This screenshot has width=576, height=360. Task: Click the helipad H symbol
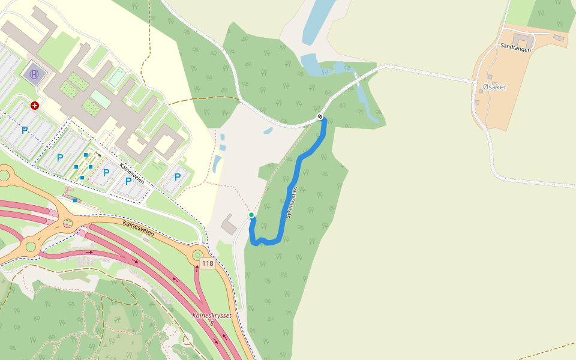pos(34,74)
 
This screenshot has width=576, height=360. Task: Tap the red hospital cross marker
pos(35,106)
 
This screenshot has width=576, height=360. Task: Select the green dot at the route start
pos(251,215)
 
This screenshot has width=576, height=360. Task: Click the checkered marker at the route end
pos(321,116)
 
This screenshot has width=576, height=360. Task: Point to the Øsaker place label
pos(494,87)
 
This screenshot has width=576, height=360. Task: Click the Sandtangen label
pos(514,46)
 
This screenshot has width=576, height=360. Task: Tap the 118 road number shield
pos(208,264)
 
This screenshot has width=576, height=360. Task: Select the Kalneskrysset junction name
pos(212,316)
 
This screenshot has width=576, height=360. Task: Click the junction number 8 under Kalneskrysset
pos(212,323)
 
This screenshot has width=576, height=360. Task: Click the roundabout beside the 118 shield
pos(197,256)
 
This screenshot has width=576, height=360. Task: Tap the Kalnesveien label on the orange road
pos(138,228)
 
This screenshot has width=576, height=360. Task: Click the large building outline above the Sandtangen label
pos(522,40)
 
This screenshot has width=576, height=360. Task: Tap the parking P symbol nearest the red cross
pos(25,130)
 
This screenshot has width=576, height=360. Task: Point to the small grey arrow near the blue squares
pos(98,154)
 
